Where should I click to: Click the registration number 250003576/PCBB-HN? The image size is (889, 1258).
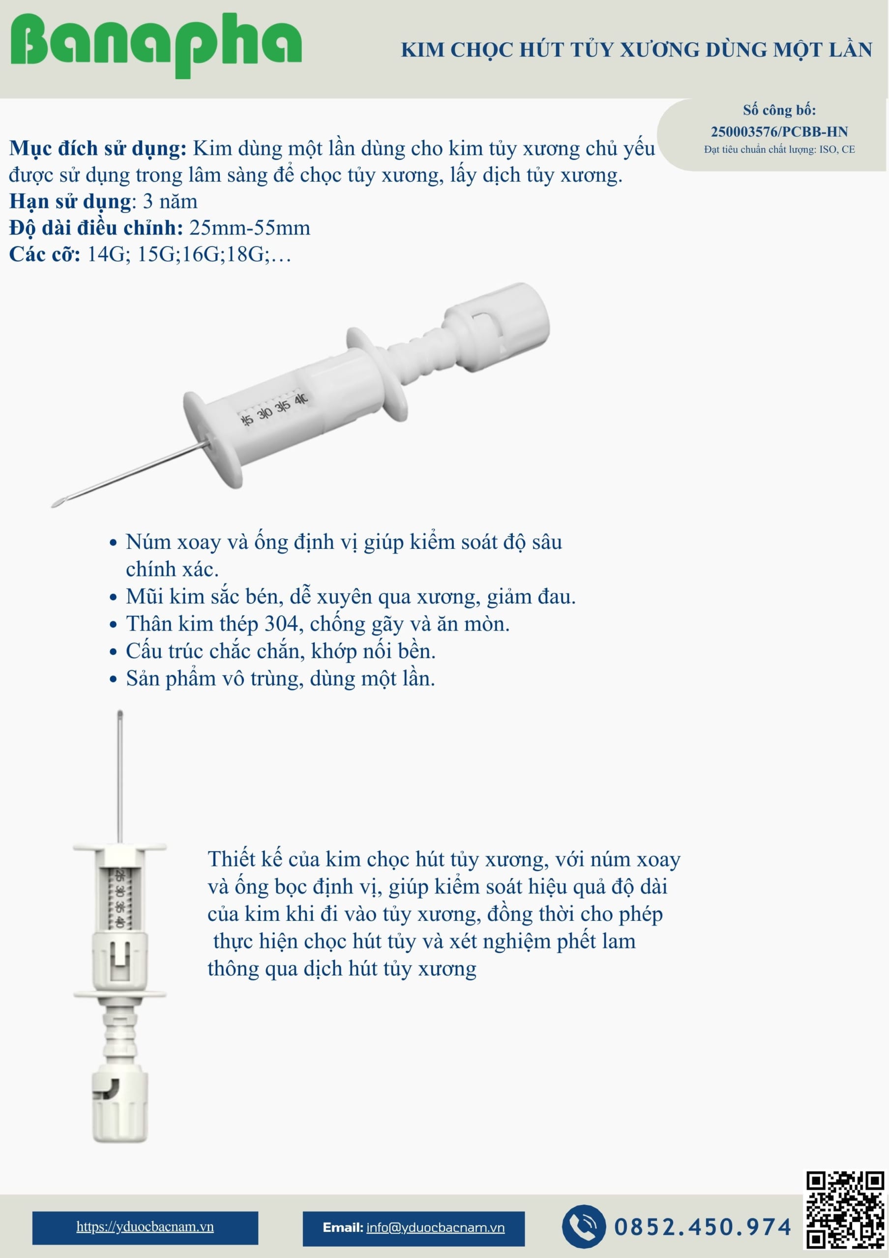tap(779, 132)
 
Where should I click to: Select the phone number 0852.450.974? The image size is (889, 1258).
tap(703, 1227)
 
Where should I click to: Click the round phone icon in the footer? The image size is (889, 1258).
tap(584, 1226)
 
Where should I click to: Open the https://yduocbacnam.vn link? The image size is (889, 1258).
tap(145, 1226)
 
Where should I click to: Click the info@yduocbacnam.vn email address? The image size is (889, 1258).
tap(435, 1228)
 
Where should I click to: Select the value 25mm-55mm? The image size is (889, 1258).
tap(249, 228)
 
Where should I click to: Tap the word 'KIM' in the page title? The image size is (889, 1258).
tap(422, 50)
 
